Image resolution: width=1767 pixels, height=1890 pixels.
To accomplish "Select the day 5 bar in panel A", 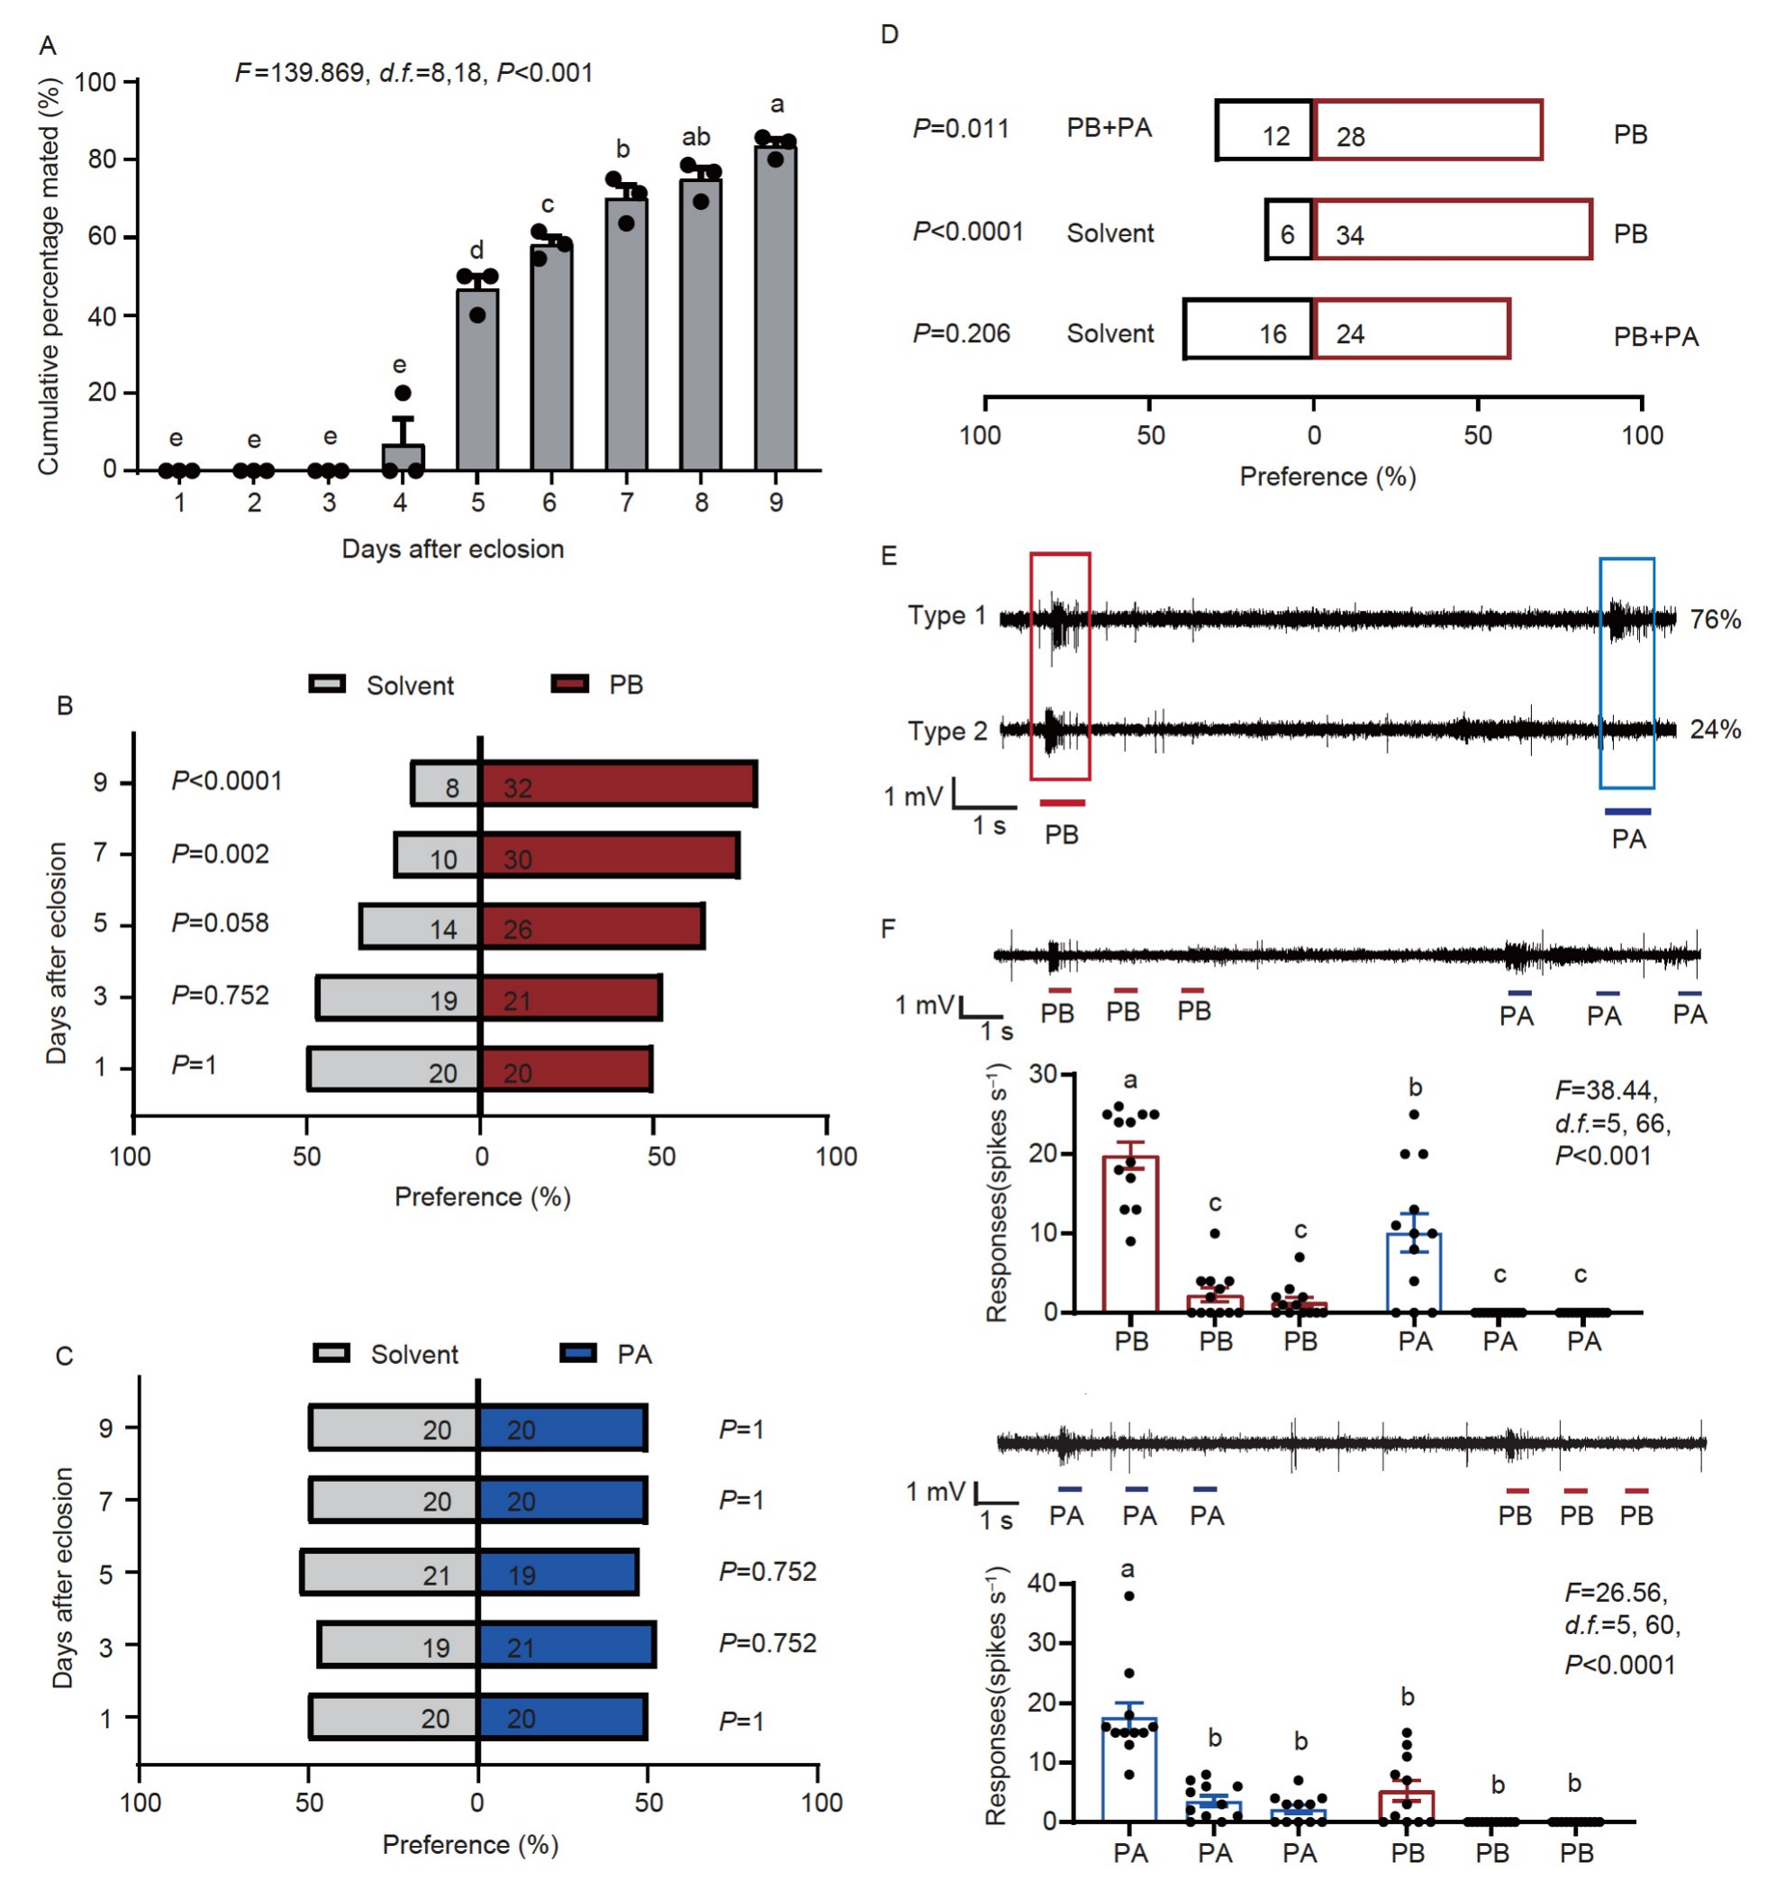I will (x=477, y=379).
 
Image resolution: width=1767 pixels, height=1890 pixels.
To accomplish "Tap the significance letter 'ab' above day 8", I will (x=696, y=137).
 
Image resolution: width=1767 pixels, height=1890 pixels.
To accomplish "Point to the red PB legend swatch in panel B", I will (x=569, y=684).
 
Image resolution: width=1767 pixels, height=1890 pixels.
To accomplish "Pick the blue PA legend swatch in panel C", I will (x=578, y=1353).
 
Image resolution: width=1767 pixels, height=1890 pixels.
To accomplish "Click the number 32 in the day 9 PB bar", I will (x=517, y=788).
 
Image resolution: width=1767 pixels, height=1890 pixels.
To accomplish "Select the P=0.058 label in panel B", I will (x=220, y=923).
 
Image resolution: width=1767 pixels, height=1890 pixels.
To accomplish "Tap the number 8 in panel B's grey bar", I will (x=452, y=788).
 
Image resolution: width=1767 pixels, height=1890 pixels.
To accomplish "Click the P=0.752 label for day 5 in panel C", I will (x=767, y=1571).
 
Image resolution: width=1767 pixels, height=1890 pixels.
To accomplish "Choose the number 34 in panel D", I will (x=1350, y=235).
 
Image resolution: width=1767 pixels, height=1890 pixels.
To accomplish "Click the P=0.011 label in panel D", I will (x=961, y=128).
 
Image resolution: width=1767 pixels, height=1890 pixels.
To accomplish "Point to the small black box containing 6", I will (x=1288, y=230).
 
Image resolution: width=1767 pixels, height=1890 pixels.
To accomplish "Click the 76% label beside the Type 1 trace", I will (x=1715, y=620).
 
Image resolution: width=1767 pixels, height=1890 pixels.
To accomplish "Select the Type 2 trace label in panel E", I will (x=947, y=731).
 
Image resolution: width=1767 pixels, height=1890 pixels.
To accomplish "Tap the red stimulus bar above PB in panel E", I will (x=1063, y=804).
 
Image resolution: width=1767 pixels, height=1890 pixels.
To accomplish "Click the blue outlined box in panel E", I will (x=1627, y=673).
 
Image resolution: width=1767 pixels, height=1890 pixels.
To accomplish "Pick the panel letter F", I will (x=889, y=929).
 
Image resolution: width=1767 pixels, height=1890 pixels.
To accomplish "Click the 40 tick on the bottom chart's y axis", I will (x=1043, y=1584).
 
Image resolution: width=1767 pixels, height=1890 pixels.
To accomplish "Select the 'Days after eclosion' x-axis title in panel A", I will (x=452, y=550).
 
